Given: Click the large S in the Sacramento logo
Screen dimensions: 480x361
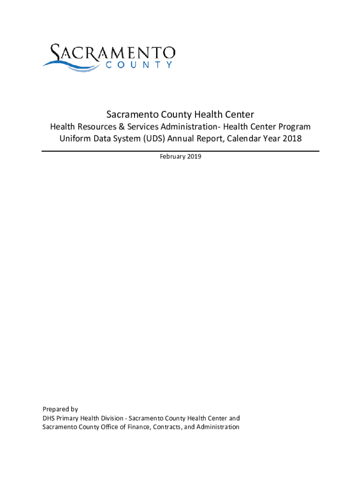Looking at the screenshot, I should [x=57, y=53].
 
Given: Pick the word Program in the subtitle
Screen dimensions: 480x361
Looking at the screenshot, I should [x=293, y=127].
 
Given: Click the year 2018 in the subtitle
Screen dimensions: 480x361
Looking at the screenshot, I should [x=291, y=139].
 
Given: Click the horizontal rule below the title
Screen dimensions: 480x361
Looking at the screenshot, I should [x=180, y=151].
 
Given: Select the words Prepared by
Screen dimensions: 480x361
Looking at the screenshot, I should [x=60, y=409].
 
